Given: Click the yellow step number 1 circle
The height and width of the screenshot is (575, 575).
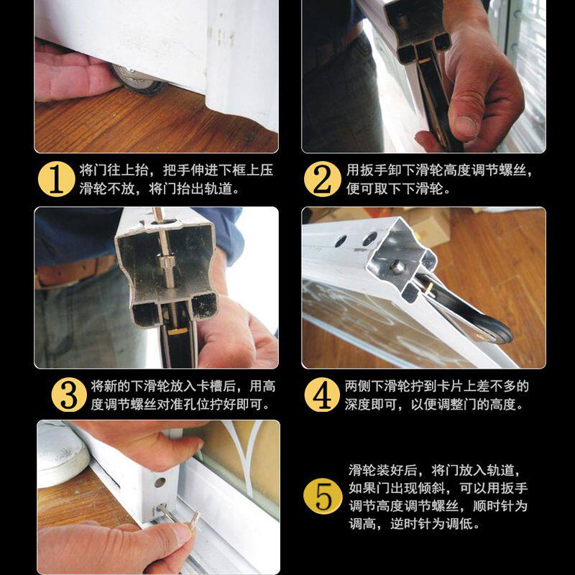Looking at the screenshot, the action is (x=57, y=179).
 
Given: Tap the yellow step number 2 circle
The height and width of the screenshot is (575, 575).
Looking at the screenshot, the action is (x=322, y=179).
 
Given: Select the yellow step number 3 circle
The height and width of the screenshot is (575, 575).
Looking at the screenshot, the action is (x=69, y=395).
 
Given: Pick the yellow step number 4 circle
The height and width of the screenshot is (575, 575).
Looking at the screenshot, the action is (x=322, y=395).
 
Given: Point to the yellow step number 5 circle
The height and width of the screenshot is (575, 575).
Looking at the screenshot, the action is (x=323, y=496).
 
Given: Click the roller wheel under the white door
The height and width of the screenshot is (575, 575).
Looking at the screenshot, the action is (x=137, y=80).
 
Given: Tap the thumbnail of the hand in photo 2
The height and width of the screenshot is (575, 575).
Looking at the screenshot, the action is (x=465, y=126).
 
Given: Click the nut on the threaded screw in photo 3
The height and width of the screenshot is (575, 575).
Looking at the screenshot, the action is (x=166, y=262).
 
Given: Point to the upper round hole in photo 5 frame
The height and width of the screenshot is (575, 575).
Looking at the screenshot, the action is (x=160, y=482).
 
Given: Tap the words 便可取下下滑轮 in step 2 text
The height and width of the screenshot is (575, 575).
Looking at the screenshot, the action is (x=393, y=189).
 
